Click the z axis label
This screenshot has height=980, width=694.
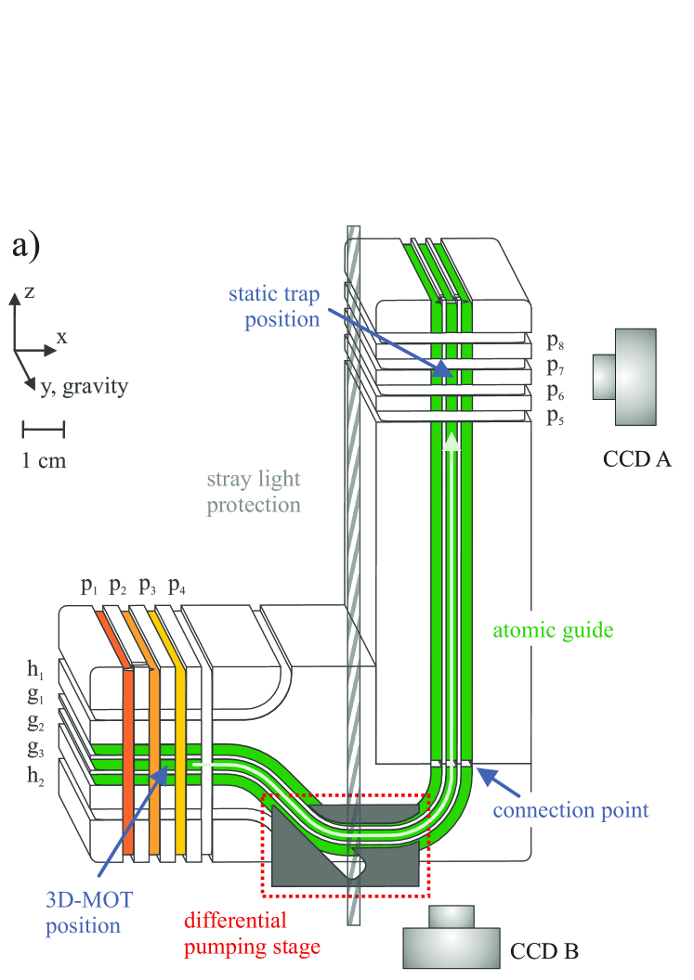(x=30, y=291)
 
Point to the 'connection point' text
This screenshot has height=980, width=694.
(x=570, y=809)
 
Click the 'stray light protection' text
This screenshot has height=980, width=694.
(x=254, y=493)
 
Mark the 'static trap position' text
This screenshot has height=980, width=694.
(x=274, y=307)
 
